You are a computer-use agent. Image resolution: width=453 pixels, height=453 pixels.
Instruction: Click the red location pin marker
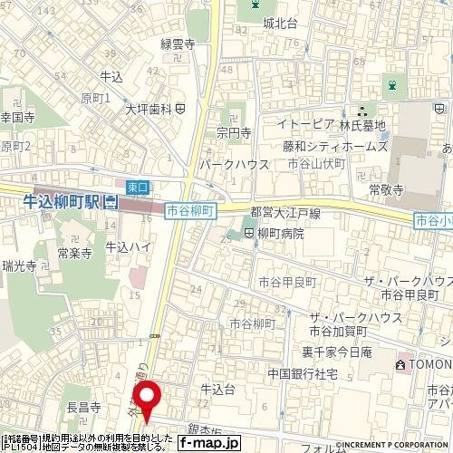click(147, 397)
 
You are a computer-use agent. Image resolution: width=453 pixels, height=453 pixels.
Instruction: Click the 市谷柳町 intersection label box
click(190, 210)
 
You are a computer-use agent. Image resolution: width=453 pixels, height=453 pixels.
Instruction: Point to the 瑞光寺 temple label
click(18, 266)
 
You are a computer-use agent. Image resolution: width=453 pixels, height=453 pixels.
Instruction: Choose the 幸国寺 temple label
click(17, 118)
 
